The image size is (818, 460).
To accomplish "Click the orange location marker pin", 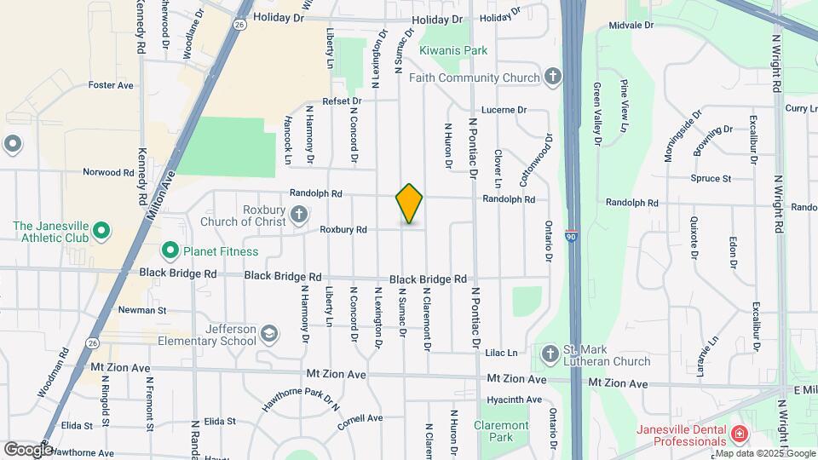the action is (409, 204).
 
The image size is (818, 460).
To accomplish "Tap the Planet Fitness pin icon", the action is (170, 250).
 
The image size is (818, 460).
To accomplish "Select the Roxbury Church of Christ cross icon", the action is (299, 214).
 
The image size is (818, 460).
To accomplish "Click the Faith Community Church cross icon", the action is (553, 78).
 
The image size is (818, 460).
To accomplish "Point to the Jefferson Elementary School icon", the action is (269, 332).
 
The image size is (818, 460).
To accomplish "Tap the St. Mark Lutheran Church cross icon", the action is (550, 353).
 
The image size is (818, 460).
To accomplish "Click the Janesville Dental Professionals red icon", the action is (739, 434).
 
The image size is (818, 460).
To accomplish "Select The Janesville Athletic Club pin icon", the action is (100, 231).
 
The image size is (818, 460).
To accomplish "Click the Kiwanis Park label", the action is (453, 50).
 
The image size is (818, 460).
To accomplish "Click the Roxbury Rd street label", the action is (343, 229).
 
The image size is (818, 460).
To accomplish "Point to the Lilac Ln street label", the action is (501, 353).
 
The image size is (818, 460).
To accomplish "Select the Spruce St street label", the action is (714, 179).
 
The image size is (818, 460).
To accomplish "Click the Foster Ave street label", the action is (112, 85).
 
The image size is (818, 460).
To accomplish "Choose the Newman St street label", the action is (142, 310).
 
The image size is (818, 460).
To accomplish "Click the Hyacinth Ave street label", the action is (515, 400).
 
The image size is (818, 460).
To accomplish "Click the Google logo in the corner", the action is (28, 449).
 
